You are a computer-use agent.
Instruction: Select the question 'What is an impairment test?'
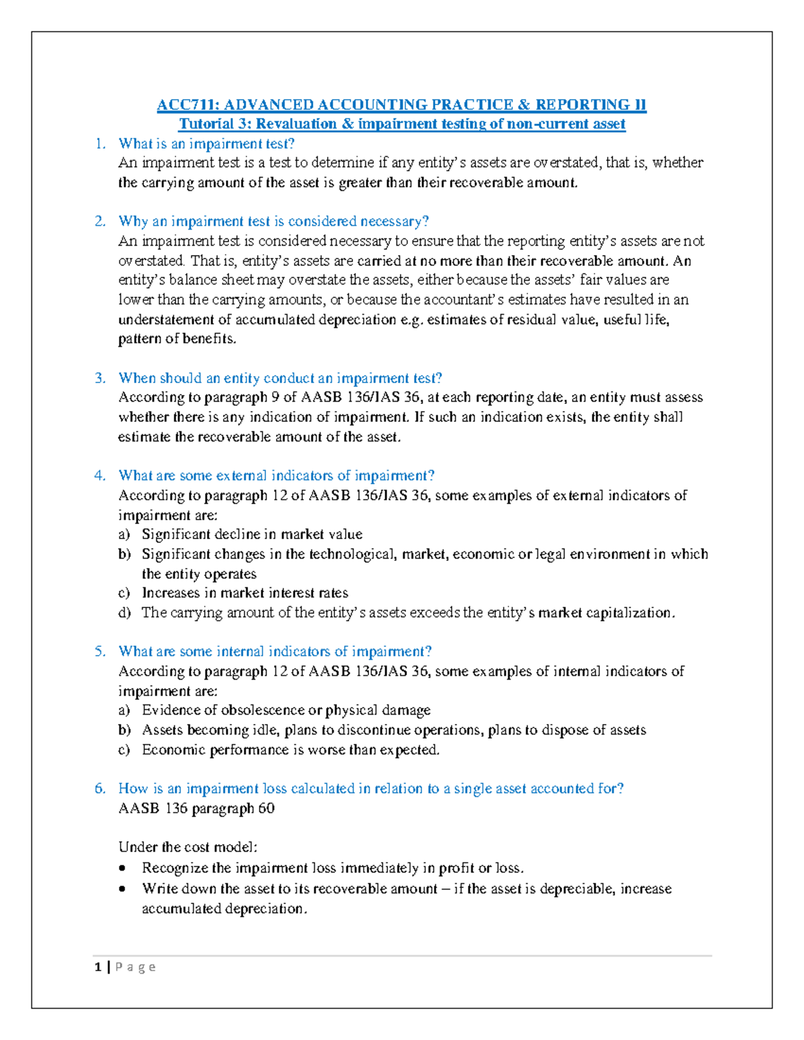click(206, 143)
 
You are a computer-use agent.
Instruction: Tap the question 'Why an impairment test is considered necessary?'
click(273, 221)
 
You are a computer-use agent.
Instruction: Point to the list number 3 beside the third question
click(100, 378)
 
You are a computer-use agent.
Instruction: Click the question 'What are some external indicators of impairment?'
click(276, 475)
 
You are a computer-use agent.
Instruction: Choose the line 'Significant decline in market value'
click(252, 534)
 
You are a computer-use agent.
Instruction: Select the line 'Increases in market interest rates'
click(245, 593)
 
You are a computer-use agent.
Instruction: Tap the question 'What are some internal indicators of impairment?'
click(275, 651)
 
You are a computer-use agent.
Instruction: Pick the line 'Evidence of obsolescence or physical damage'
click(286, 710)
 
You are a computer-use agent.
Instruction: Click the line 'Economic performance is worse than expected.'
click(291, 749)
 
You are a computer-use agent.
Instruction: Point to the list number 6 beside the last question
click(100, 788)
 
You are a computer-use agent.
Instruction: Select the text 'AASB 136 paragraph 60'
click(196, 808)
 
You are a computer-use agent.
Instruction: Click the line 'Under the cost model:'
click(188, 847)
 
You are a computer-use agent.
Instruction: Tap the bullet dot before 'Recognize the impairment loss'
click(122, 869)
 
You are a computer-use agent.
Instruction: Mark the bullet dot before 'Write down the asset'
click(122, 889)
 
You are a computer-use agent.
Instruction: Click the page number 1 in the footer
click(98, 966)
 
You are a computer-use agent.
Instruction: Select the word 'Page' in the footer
click(135, 966)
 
